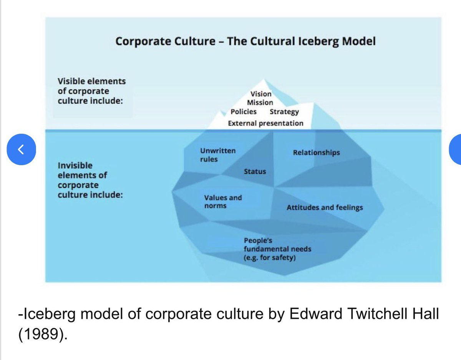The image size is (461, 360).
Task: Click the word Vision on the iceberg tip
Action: tap(261, 94)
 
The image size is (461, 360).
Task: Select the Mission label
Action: tap(260, 103)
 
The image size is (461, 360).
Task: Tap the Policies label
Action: tap(244, 112)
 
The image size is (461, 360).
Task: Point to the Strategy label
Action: tap(284, 112)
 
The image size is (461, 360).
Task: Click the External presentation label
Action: tap(265, 123)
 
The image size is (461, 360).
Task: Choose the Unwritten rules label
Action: tap(218, 155)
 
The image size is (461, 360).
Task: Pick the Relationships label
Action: tap(316, 153)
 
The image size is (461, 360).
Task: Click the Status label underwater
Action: tap(255, 171)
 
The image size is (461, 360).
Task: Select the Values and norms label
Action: tap(223, 202)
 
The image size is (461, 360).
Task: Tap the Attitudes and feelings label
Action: tap(325, 207)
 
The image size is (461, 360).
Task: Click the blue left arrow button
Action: tap(22, 149)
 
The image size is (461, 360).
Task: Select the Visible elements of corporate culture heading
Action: tap(91, 91)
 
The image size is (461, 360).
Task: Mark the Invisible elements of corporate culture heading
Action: tap(90, 180)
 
